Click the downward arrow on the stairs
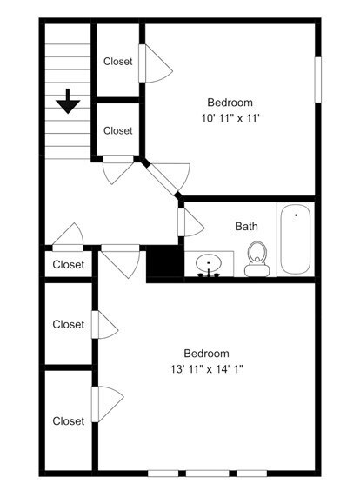(68, 102)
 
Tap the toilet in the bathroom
(257, 259)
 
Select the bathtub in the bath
(296, 240)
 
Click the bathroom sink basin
(209, 263)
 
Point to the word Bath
(246, 227)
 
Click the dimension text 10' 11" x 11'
(230, 118)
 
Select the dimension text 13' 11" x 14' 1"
(207, 368)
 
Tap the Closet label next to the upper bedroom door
(117, 62)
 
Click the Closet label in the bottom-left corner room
(68, 421)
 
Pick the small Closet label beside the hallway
(68, 265)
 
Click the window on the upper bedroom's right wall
(317, 79)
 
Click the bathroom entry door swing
(191, 222)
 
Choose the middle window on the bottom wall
(208, 473)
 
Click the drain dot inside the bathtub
(297, 215)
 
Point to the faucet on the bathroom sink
(209, 273)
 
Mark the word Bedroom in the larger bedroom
(206, 354)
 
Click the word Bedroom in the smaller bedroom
(230, 103)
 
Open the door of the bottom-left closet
(108, 404)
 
